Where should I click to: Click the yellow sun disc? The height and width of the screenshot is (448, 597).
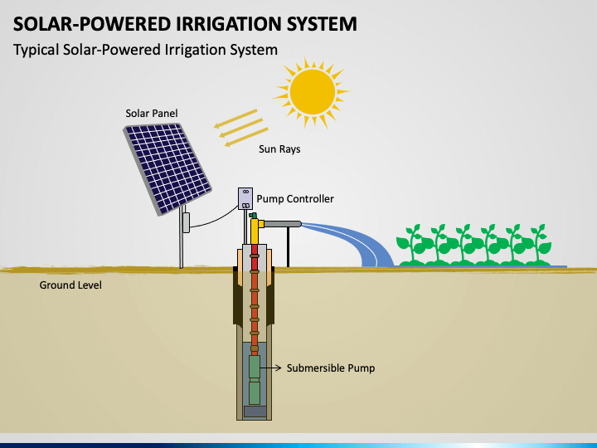(x=313, y=92)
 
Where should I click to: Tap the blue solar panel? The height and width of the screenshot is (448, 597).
(x=167, y=168)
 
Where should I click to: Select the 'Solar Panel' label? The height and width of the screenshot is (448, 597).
(x=152, y=113)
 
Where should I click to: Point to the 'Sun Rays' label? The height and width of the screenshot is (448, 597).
(x=279, y=149)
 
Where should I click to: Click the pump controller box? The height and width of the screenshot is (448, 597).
(x=245, y=198)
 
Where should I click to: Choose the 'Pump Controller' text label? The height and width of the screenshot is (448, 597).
(x=295, y=198)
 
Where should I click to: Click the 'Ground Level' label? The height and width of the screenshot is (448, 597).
(x=70, y=285)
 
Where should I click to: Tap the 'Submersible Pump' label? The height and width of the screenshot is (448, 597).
(x=331, y=368)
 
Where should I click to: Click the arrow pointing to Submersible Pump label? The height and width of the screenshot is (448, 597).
(x=270, y=368)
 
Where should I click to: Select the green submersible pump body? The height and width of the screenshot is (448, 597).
(x=255, y=379)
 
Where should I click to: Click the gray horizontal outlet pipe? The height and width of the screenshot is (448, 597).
(x=283, y=224)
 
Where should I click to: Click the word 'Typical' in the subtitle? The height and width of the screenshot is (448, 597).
(x=36, y=50)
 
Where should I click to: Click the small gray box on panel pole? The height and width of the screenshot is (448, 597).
(x=187, y=222)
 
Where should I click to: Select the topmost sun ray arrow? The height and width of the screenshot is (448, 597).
(x=235, y=118)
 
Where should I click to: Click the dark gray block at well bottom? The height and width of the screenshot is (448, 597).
(x=255, y=411)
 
